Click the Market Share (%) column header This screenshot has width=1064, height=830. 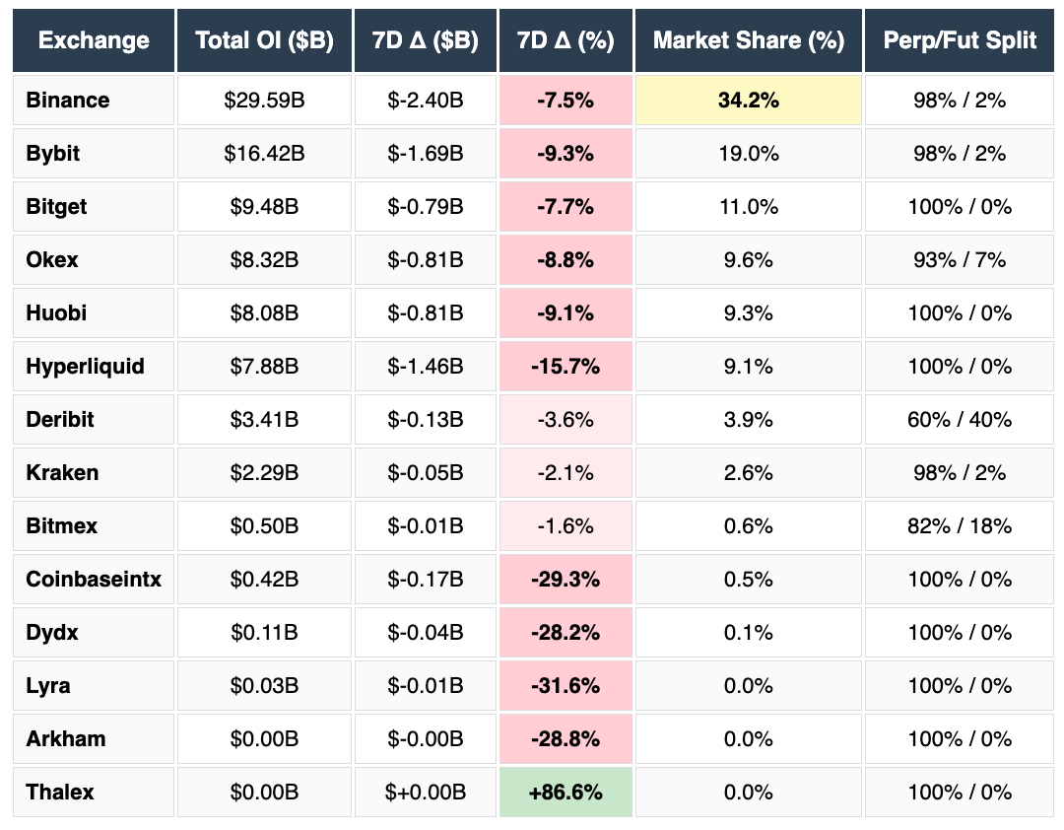(x=749, y=40)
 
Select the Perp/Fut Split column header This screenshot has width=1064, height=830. (x=960, y=40)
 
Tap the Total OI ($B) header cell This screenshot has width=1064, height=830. (x=264, y=40)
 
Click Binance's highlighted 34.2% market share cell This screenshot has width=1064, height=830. (x=749, y=101)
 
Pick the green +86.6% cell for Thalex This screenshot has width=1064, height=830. (x=565, y=793)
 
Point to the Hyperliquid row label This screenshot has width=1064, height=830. (x=86, y=367)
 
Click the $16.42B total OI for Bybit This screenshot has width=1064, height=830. (x=264, y=154)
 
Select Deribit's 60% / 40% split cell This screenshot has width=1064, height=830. (x=960, y=420)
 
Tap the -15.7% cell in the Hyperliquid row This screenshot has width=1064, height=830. (x=565, y=367)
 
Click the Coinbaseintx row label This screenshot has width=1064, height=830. (x=94, y=580)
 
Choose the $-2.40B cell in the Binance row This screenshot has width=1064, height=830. (x=426, y=101)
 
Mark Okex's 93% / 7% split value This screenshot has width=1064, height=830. (x=960, y=260)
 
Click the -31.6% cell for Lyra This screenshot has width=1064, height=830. (x=565, y=686)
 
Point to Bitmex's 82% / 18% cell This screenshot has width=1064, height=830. (x=960, y=526)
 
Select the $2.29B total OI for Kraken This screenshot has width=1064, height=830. (x=264, y=473)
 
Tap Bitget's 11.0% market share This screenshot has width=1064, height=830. (x=749, y=207)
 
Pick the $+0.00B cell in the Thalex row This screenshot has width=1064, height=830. (x=426, y=793)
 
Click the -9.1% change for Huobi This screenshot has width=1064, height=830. (x=565, y=313)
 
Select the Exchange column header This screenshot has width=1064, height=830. (x=94, y=40)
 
